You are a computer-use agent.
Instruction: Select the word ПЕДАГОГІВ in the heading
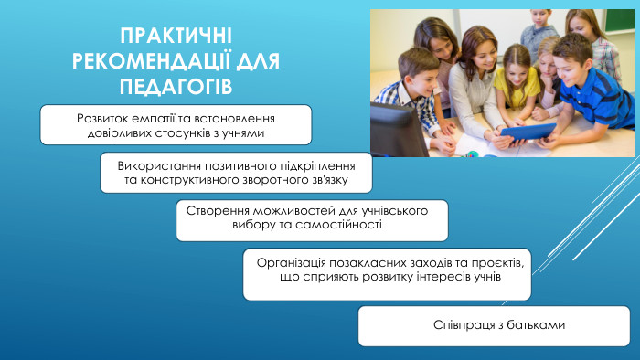point(176,86)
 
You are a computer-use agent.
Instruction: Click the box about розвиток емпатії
point(176,125)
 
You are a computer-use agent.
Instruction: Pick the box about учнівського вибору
point(312,220)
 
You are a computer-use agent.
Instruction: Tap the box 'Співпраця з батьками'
point(494,325)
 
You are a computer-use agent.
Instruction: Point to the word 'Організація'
point(292,261)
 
